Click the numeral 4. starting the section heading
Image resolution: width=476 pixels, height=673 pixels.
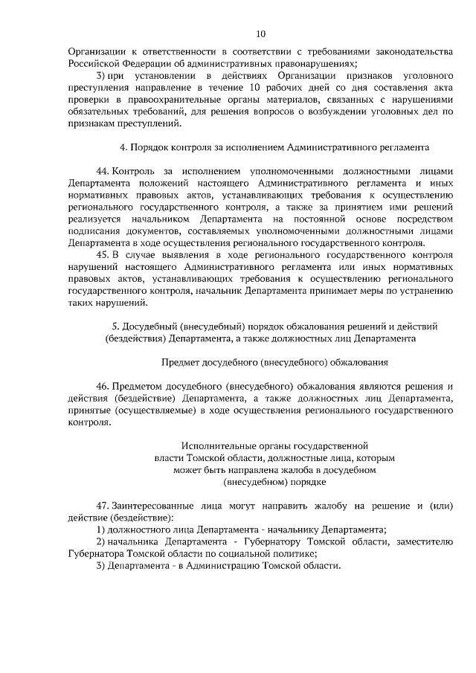coord(124,148)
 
